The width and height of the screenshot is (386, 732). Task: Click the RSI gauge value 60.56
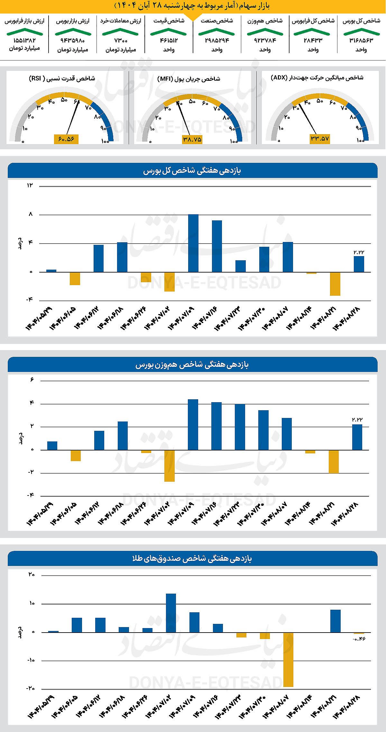(66, 139)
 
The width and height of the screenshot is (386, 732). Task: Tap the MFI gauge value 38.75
(192, 139)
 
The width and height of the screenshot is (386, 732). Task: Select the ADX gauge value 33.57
(320, 139)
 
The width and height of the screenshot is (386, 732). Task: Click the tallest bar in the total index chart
(193, 243)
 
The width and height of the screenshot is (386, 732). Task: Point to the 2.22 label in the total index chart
(359, 252)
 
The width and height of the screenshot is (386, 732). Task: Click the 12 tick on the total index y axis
(30, 185)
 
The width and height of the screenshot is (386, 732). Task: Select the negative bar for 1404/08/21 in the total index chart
(335, 284)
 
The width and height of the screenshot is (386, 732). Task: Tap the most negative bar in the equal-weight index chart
(170, 466)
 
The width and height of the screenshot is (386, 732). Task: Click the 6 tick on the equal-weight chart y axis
(32, 380)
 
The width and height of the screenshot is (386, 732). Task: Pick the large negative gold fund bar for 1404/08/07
(288, 660)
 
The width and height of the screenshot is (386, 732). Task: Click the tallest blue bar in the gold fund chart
(171, 613)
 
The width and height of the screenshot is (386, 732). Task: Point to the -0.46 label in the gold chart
(359, 639)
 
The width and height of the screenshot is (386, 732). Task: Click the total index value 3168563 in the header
(361, 40)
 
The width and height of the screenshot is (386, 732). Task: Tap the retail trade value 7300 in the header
(121, 41)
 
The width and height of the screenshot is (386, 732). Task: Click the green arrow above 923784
(265, 32)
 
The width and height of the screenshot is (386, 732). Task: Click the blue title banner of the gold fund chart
(192, 559)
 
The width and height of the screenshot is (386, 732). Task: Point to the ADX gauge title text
(317, 78)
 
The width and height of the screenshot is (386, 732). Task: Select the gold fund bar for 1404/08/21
(335, 621)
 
